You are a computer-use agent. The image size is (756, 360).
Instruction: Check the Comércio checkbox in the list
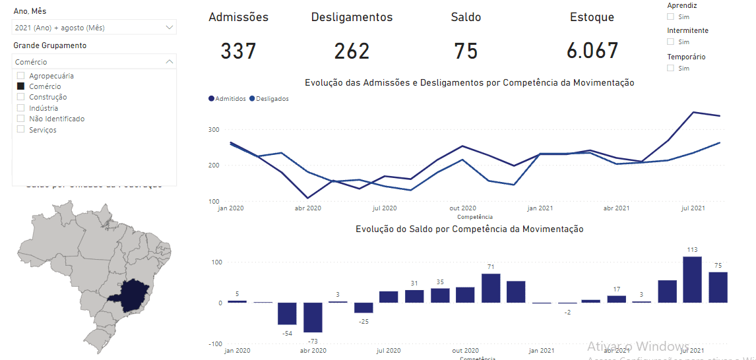(x=20, y=86)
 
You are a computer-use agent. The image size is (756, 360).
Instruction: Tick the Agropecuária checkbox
(x=20, y=76)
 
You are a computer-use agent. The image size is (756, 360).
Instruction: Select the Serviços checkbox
(x=20, y=130)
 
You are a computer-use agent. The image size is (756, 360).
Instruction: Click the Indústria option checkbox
(x=20, y=108)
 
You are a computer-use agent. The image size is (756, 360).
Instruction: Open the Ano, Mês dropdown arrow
(x=170, y=28)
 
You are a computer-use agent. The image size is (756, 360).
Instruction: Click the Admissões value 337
(x=238, y=51)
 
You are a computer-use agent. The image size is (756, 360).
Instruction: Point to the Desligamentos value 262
(x=352, y=51)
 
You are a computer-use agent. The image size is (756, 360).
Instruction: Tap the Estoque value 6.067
(x=592, y=51)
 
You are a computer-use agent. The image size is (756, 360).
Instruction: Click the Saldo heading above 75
(x=466, y=17)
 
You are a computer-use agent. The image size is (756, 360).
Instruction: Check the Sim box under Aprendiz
(x=671, y=16)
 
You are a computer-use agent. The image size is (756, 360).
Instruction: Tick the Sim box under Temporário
(x=671, y=68)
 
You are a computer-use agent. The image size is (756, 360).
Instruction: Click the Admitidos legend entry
(x=228, y=99)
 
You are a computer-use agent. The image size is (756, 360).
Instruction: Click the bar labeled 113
(x=692, y=280)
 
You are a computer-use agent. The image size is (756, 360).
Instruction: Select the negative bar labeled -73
(x=313, y=318)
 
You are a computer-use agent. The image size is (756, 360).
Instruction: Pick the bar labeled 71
(x=491, y=288)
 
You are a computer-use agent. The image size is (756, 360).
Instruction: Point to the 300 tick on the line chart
(x=214, y=129)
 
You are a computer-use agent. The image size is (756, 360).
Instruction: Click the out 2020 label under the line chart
(x=463, y=208)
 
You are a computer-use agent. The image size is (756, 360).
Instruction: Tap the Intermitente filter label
(x=687, y=30)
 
